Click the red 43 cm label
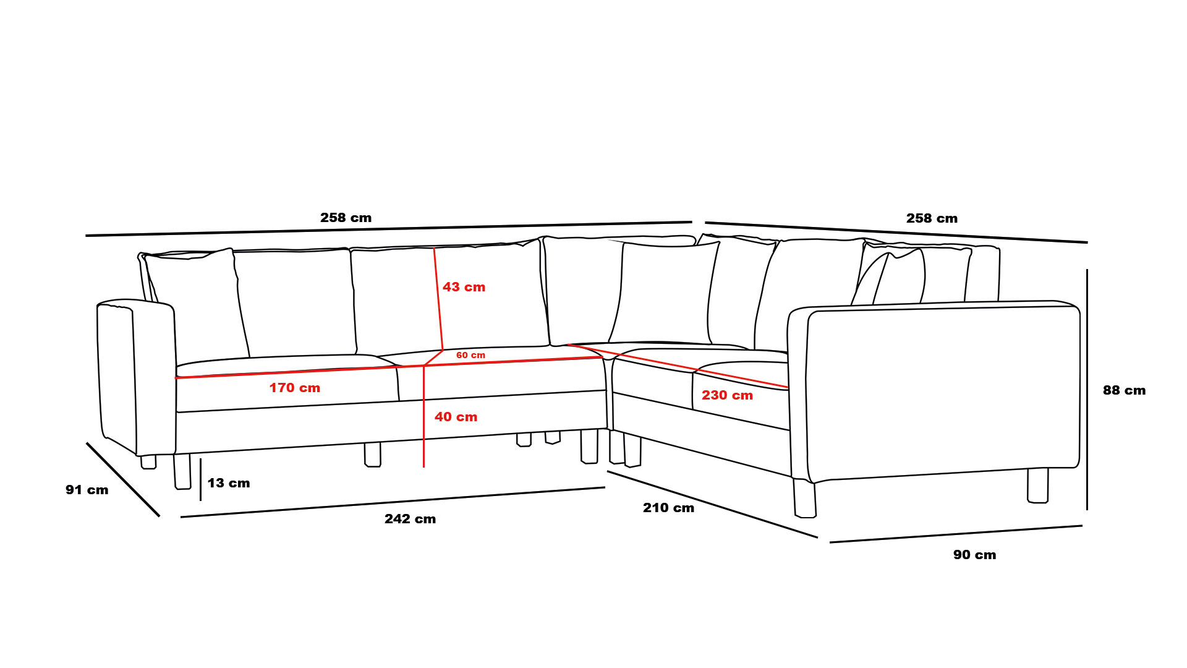(x=464, y=287)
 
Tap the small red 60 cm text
(x=470, y=355)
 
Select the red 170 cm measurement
(x=294, y=388)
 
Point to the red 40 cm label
(x=456, y=417)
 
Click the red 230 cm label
(x=727, y=395)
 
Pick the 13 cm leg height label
(x=229, y=483)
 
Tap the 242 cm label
(x=410, y=519)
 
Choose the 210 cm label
(x=668, y=508)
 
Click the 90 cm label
(x=974, y=555)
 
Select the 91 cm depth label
(x=87, y=490)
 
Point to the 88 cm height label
(x=1124, y=390)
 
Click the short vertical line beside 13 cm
(x=200, y=479)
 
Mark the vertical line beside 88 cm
(x=1087, y=390)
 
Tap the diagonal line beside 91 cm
(x=123, y=479)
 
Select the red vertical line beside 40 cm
(x=423, y=416)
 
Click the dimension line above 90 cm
(x=956, y=534)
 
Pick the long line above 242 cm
(x=393, y=502)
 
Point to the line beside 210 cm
(x=712, y=504)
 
